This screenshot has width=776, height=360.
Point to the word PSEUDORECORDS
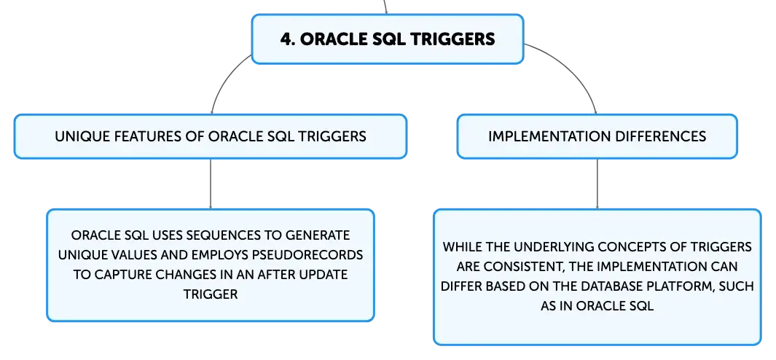tap(314, 254)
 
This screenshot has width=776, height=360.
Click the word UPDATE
tap(322, 274)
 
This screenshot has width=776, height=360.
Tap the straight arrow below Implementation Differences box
tap(597, 184)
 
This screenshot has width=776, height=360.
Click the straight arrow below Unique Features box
tap(211, 184)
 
